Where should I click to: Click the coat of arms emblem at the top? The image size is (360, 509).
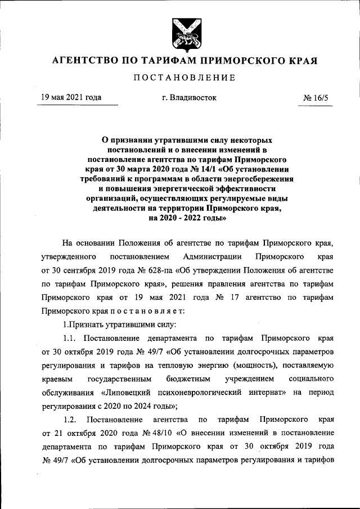[179, 35]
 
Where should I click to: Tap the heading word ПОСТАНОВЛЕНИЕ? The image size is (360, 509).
[180, 77]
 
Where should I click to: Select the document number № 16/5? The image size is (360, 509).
[319, 97]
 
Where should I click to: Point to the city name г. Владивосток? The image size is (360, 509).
[189, 97]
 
